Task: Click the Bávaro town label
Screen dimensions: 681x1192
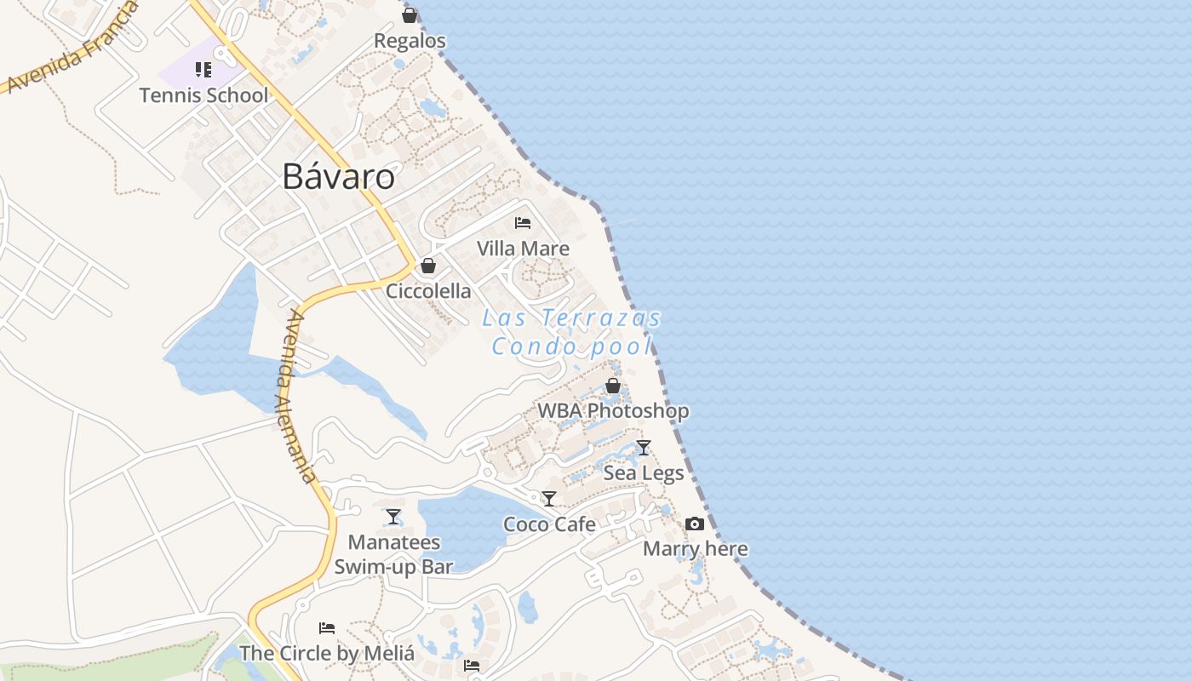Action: [339, 176]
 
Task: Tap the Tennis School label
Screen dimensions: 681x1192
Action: [203, 95]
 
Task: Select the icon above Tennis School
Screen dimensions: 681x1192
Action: [203, 69]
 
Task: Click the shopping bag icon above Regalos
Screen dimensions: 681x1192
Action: [410, 15]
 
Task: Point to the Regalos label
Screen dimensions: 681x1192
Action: [410, 41]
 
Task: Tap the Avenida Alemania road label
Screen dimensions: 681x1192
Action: [301, 396]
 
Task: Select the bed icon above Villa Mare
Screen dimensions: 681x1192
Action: [523, 223]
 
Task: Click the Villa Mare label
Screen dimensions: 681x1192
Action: [523, 249]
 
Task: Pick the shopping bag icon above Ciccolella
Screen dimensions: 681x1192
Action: [428, 266]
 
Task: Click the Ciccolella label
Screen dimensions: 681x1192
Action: [428, 291]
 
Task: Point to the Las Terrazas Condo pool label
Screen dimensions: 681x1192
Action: [572, 332]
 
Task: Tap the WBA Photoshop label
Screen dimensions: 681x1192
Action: [613, 411]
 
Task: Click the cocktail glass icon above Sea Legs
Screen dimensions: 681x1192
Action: [644, 448]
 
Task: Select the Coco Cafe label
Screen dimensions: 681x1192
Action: [549, 524]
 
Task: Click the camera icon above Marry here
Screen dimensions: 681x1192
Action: [695, 524]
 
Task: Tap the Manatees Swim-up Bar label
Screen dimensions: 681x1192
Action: [393, 554]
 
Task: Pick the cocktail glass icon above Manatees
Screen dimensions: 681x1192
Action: [393, 517]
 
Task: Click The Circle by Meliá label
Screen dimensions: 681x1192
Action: [327, 654]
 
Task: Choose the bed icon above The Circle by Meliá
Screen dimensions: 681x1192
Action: [327, 628]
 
